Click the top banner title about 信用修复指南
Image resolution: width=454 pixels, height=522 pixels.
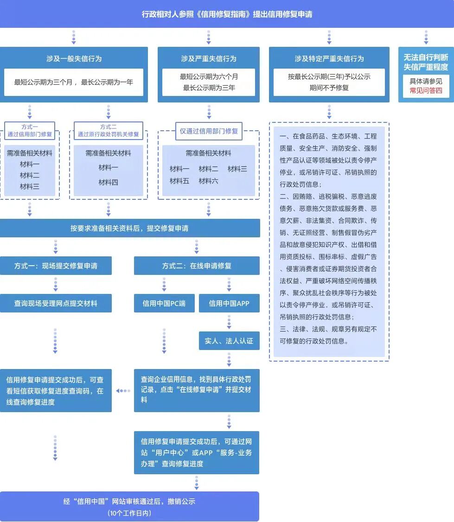click(227, 14)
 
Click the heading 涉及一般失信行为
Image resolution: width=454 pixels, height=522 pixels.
click(74, 59)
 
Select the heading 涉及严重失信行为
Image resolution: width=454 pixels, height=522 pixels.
click(208, 59)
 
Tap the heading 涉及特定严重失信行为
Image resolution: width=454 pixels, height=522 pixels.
click(329, 59)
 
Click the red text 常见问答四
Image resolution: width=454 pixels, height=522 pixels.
click(426, 90)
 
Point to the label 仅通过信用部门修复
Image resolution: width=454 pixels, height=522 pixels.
click(209, 131)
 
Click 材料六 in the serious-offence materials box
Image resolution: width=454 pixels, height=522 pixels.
click(208, 181)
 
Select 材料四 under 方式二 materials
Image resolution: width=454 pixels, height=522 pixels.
click(108, 182)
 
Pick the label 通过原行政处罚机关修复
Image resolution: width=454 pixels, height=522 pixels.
click(108, 134)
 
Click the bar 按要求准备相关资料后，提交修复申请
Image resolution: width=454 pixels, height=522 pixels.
click(129, 228)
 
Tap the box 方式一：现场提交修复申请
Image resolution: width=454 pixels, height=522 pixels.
click(56, 266)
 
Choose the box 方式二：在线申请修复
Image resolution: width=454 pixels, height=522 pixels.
click(197, 266)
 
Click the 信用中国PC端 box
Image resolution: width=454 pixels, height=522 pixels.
click(164, 303)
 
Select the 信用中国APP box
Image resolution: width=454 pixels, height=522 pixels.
click(229, 303)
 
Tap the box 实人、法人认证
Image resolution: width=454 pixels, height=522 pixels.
click(229, 341)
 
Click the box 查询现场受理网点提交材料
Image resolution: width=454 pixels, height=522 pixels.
click(56, 303)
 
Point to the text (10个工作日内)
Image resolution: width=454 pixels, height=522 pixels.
click(129, 513)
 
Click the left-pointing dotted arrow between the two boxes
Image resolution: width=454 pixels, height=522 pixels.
click(123, 391)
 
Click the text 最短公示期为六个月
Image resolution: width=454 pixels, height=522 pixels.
click(209, 76)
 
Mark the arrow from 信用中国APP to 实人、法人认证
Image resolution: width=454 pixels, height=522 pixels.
click(229, 322)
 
